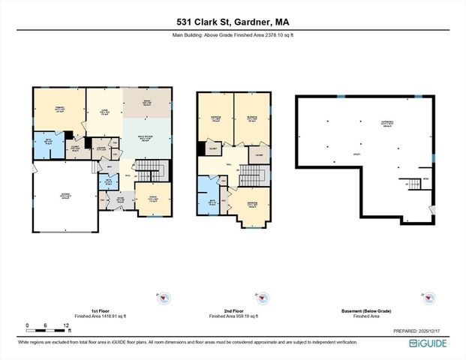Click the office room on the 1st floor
pos(154,198)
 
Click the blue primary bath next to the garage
pos(48,145)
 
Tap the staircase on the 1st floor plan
pos(153,166)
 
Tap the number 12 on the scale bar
pos(68,325)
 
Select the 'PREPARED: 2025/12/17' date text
pos(421,331)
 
